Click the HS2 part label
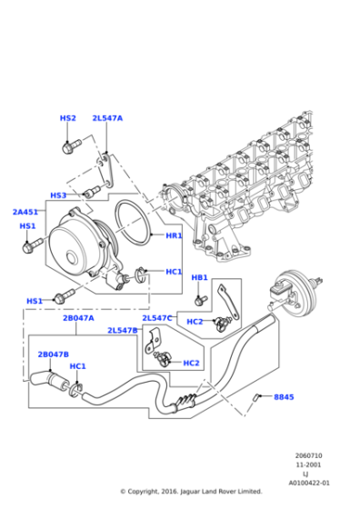(x=68, y=118)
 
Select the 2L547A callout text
(x=107, y=118)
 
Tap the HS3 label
(x=58, y=195)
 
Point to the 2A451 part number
(x=25, y=212)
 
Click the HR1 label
(x=174, y=235)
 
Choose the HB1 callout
(x=199, y=277)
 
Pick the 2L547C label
(x=157, y=318)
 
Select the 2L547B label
(x=122, y=331)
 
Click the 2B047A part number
(x=78, y=319)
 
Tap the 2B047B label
(x=53, y=354)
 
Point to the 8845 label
(x=285, y=397)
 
